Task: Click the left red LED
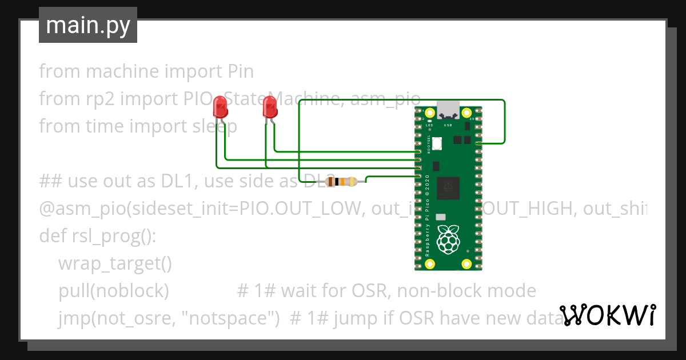point(220,107)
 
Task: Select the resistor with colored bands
point(341,182)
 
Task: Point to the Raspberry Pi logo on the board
point(448,239)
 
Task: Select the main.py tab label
point(87,25)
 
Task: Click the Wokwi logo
point(607,315)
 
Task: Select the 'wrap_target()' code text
point(115,263)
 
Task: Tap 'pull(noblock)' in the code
point(113,291)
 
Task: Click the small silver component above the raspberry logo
point(440,218)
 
